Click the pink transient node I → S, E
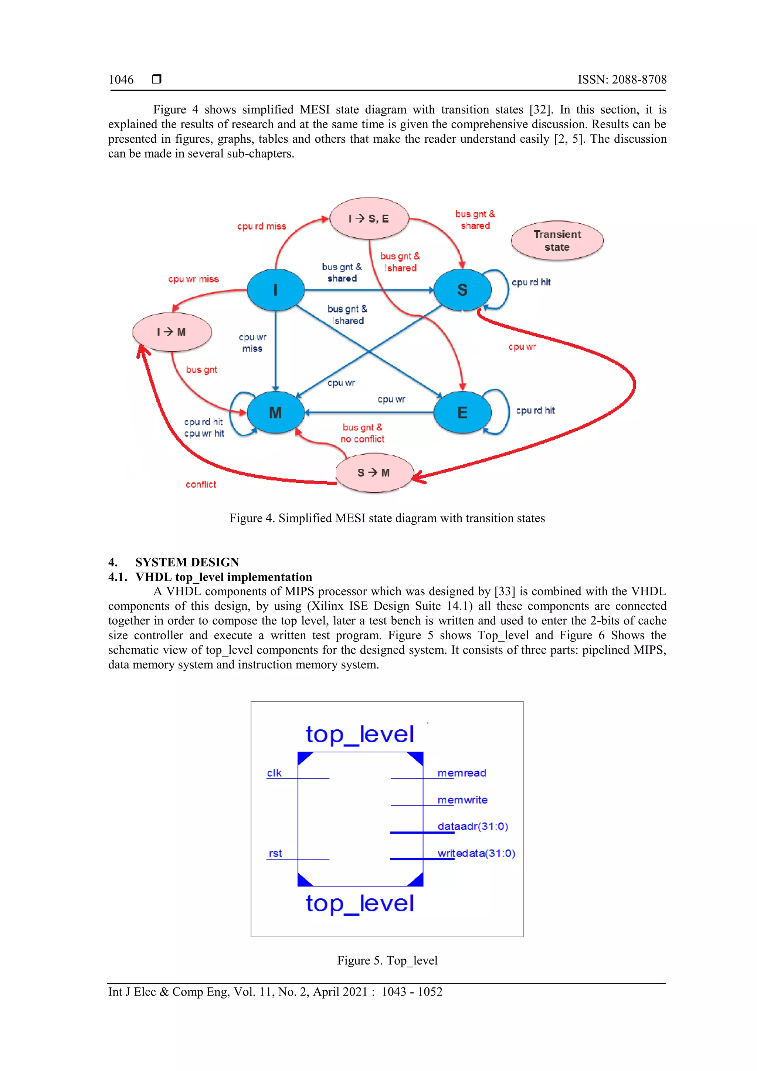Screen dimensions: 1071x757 369,218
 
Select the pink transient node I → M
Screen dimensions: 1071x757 172,332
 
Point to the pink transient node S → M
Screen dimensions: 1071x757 374,472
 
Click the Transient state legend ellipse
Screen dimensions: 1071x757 557,241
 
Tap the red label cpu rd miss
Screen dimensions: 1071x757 261,226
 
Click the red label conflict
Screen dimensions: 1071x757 201,485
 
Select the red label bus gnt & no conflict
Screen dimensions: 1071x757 362,433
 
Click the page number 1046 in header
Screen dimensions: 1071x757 121,80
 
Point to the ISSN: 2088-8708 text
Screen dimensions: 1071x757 622,80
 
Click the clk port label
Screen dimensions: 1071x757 274,773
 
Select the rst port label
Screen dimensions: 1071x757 275,853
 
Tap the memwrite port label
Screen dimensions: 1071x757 462,800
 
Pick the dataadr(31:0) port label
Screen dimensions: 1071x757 472,827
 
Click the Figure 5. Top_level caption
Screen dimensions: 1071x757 387,960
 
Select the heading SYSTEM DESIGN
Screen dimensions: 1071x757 187,562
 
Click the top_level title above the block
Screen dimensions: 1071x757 360,735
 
